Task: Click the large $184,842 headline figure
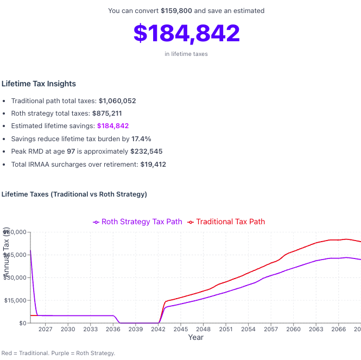186,34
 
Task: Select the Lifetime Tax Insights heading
39,84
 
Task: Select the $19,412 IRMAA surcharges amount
153,165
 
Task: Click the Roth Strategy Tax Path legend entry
138,222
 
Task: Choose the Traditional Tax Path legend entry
226,222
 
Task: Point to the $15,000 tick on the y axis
16,300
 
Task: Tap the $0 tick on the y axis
22,323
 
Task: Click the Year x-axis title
196,338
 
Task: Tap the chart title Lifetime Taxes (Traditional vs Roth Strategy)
74,194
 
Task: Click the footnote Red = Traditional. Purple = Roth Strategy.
58,353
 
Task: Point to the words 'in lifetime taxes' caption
186,54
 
